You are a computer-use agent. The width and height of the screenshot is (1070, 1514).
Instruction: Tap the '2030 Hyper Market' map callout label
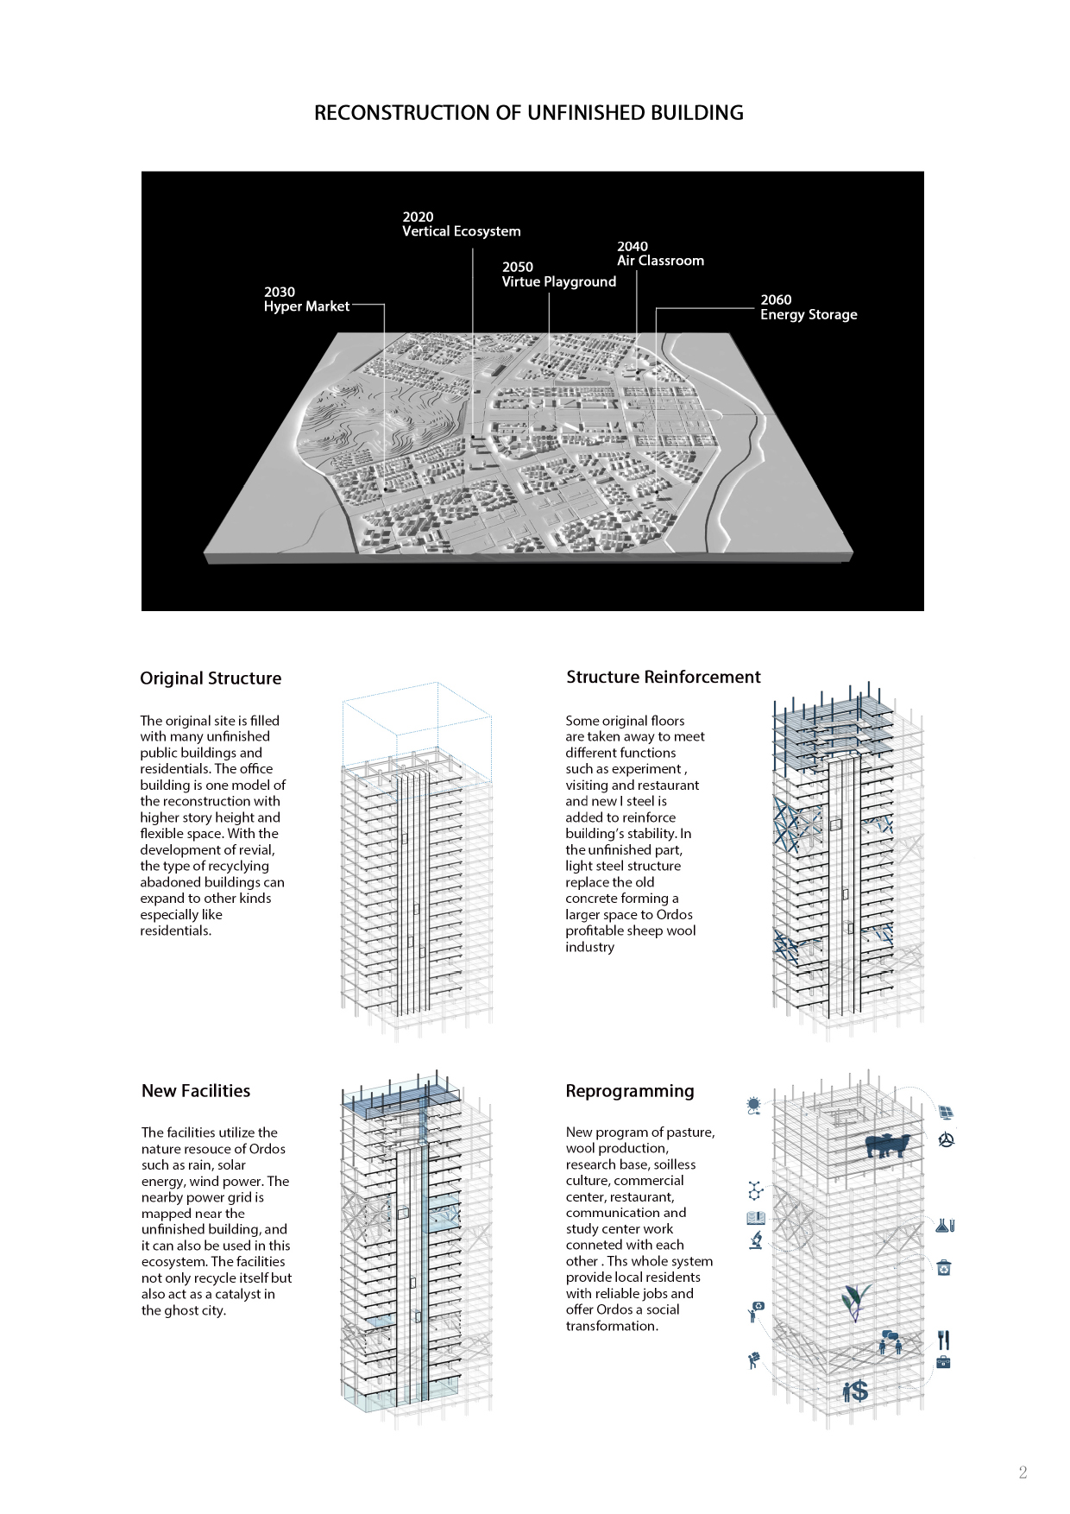(306, 300)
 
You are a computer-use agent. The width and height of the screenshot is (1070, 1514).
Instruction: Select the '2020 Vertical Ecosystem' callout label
(461, 224)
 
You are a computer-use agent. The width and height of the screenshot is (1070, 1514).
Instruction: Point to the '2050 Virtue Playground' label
(558, 274)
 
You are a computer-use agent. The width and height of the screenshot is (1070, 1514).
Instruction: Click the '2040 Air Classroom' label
(660, 254)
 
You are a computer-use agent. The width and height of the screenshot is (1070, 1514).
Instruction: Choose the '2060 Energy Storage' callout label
(809, 307)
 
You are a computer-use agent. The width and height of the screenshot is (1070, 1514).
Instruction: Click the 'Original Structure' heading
(211, 678)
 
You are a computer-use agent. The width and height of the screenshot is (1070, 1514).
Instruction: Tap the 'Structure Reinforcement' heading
(663, 678)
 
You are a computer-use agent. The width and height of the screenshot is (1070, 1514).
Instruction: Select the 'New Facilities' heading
(196, 1091)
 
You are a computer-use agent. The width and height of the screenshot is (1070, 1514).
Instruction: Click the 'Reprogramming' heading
(630, 1091)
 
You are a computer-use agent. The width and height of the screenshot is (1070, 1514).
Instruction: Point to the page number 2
(1023, 1473)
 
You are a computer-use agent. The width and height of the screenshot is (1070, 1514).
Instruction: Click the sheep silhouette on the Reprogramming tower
(886, 1145)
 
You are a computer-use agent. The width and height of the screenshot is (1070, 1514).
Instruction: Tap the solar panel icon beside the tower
(946, 1113)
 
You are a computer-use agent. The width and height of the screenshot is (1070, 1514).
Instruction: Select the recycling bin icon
(944, 1268)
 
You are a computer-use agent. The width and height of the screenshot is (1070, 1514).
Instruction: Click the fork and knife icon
(943, 1340)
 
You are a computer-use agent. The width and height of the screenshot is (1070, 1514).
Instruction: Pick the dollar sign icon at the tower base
(855, 1391)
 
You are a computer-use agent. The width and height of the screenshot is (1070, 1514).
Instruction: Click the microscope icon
(756, 1240)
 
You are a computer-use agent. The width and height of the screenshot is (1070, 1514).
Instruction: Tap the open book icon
(756, 1218)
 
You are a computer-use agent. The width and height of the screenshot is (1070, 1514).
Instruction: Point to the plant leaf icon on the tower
(855, 1301)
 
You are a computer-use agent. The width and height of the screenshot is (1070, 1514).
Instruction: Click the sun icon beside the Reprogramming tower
(754, 1104)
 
